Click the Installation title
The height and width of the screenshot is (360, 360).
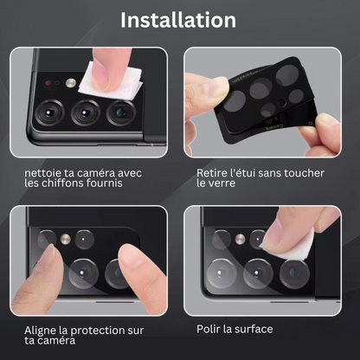178,20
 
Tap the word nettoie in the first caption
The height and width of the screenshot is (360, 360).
42,173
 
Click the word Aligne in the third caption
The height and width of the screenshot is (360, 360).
40,331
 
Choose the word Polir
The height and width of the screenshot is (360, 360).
206,329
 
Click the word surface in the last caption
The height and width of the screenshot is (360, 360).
254,329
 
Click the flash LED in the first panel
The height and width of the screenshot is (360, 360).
71,83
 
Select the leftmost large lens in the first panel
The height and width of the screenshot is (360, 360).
49,112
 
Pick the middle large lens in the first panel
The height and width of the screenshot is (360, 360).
86,112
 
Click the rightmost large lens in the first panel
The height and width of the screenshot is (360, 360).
121,112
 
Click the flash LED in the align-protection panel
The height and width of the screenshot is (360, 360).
66,239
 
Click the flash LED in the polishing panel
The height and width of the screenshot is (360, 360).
240,239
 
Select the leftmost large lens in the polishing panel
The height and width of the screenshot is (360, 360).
222,273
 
